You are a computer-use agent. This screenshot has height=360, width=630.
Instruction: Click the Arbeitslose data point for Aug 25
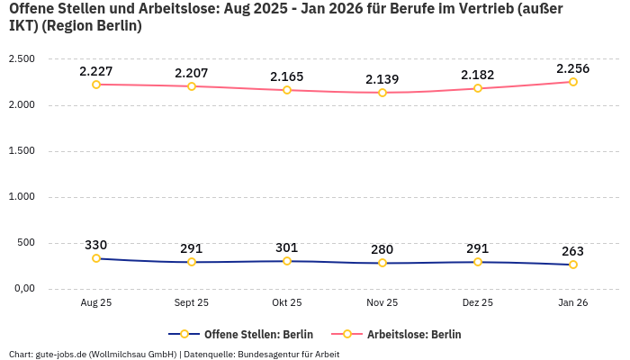pyautogui.click(x=96, y=85)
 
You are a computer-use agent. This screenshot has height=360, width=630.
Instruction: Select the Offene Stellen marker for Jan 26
pyautogui.click(x=573, y=265)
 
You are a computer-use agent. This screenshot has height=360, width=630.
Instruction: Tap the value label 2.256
pyautogui.click(x=573, y=68)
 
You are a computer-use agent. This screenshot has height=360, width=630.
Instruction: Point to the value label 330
pyautogui.click(x=96, y=245)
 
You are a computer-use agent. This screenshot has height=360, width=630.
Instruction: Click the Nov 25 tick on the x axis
pyautogui.click(x=382, y=303)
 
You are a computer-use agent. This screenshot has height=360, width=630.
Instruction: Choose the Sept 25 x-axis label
pyautogui.click(x=192, y=303)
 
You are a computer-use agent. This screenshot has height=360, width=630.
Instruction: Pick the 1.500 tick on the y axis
pyautogui.click(x=21, y=150)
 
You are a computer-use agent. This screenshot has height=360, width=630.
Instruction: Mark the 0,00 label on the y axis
pyautogui.click(x=22, y=288)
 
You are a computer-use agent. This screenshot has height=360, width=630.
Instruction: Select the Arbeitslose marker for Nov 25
pyautogui.click(x=382, y=93)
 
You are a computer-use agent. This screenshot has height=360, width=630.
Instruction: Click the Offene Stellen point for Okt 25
pyautogui.click(x=287, y=261)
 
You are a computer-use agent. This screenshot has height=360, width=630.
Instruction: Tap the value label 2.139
pyautogui.click(x=382, y=79)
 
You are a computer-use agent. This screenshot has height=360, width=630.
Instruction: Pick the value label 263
pyautogui.click(x=573, y=251)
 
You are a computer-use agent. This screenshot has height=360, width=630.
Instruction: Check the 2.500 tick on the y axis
pyautogui.click(x=21, y=58)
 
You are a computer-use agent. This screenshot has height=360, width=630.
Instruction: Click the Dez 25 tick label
pyautogui.click(x=478, y=303)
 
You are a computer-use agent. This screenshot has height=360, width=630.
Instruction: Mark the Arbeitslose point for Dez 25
pyautogui.click(x=478, y=88)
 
